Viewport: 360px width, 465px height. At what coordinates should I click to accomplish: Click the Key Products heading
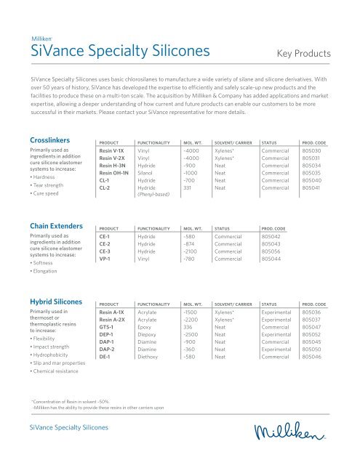[x=305, y=54]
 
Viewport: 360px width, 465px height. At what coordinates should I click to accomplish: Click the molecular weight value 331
[x=183, y=168]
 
